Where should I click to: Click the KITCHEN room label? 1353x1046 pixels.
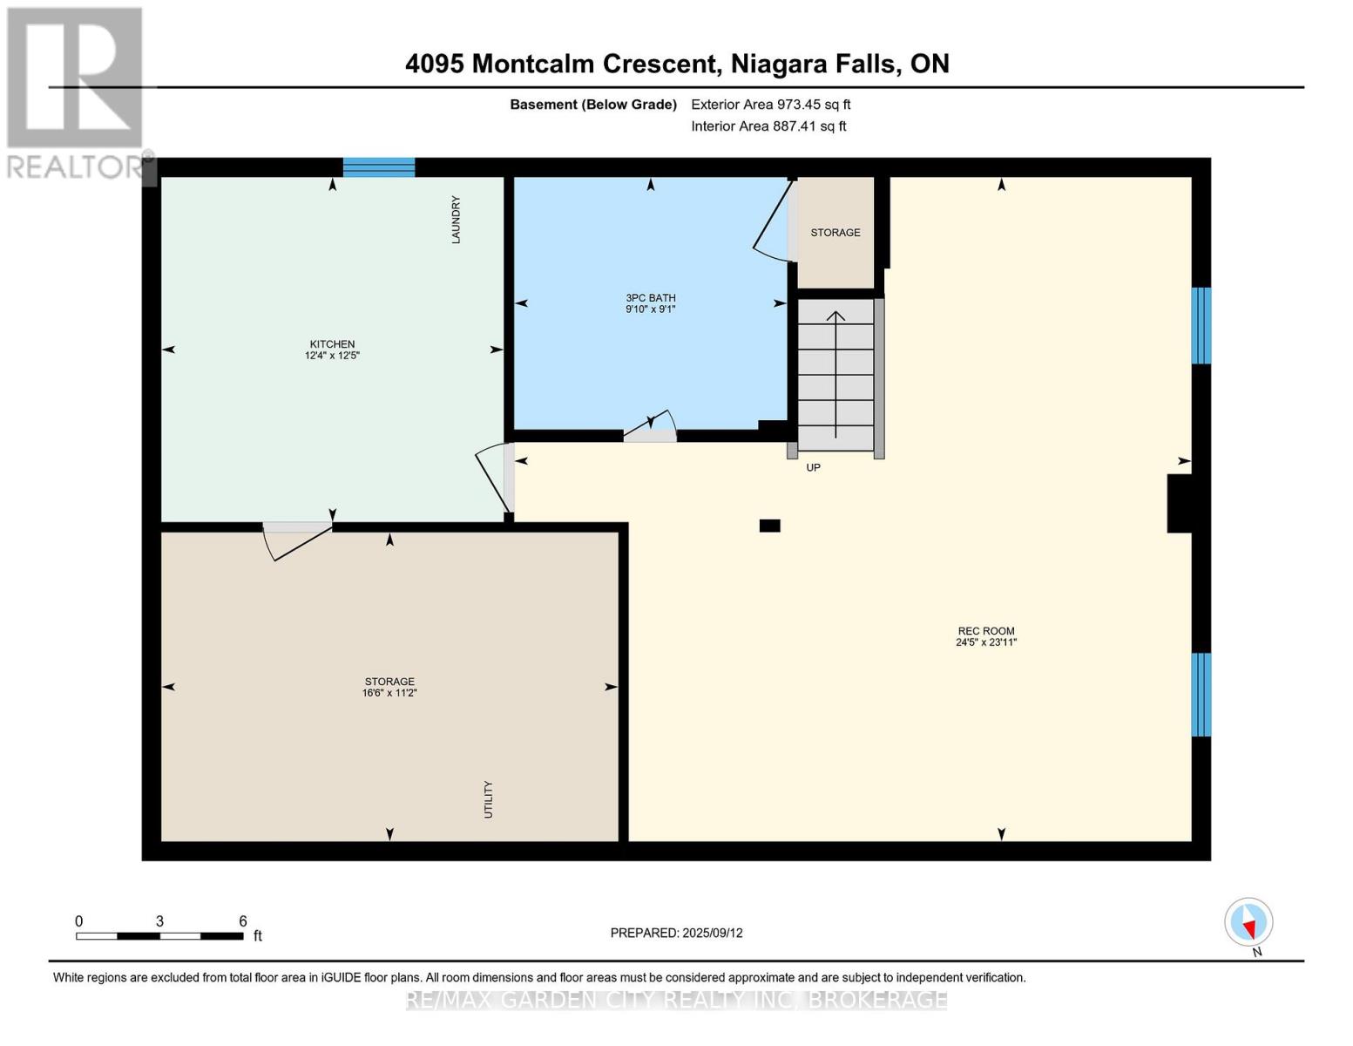click(332, 344)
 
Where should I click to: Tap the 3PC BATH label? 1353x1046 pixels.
click(650, 298)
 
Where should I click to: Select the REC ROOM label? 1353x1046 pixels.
click(986, 631)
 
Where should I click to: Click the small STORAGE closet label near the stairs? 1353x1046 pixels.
click(835, 233)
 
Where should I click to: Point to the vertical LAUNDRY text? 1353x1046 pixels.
click(456, 220)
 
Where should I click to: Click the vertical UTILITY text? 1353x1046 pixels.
click(488, 799)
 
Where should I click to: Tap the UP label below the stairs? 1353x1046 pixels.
click(813, 468)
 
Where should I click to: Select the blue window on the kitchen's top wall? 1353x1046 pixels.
click(378, 167)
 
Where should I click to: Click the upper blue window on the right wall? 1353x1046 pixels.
click(1201, 325)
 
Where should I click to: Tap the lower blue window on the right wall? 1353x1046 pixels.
click(1201, 695)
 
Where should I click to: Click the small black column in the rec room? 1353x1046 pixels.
click(769, 526)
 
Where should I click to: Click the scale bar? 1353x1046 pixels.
click(159, 936)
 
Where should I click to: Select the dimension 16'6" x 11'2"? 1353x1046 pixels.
click(389, 693)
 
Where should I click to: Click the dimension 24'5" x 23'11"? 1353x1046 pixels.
click(986, 643)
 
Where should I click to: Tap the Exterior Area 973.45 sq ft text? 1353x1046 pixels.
click(770, 105)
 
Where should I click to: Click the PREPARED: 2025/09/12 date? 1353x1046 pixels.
click(676, 933)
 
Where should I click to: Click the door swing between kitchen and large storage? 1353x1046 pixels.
click(297, 540)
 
